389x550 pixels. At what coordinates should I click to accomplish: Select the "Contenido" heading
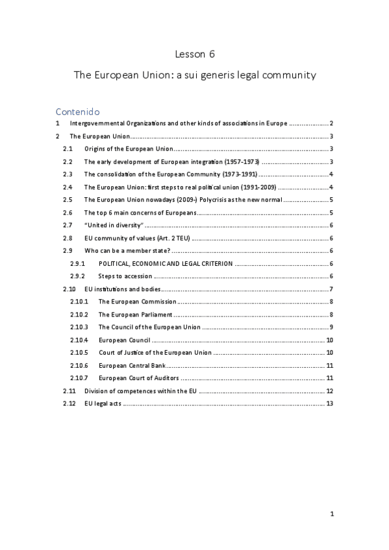pyautogui.click(x=77, y=111)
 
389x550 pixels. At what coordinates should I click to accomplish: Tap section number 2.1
pyautogui.click(x=68, y=149)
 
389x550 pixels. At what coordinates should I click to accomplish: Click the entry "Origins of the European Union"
pyautogui.click(x=129, y=149)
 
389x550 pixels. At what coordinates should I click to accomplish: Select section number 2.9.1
pyautogui.click(x=77, y=263)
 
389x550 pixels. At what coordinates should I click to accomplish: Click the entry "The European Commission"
pyautogui.click(x=137, y=302)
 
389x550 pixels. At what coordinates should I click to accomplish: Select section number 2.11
pyautogui.click(x=69, y=390)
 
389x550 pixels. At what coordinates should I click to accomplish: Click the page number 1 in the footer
pyautogui.click(x=331, y=514)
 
